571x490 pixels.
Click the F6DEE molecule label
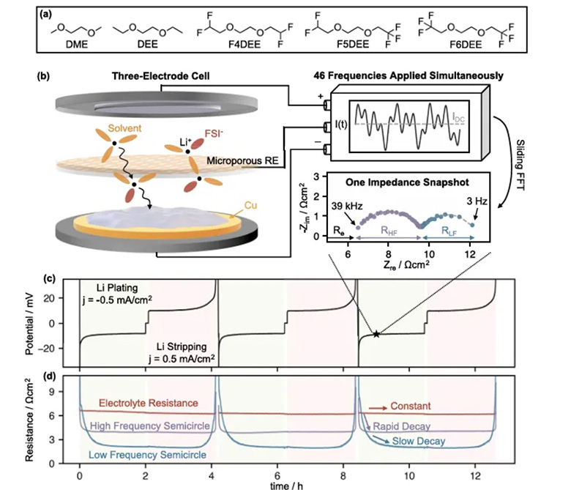(x=466, y=45)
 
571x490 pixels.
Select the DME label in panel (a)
(x=77, y=45)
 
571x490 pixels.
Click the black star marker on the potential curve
(x=376, y=334)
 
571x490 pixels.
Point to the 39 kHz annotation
(x=347, y=207)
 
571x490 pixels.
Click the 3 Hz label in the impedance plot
(x=477, y=201)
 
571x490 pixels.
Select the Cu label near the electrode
(x=250, y=206)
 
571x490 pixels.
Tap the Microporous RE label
(x=242, y=160)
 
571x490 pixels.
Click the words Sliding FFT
(x=520, y=165)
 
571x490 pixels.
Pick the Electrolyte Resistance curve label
(x=149, y=403)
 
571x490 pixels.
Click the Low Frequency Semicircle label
(x=147, y=455)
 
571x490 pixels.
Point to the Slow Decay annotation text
(x=419, y=441)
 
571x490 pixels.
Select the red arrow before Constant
(x=378, y=408)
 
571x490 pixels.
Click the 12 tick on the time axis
(x=475, y=475)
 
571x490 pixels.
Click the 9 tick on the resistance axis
(x=51, y=392)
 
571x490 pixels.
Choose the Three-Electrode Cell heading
(x=160, y=75)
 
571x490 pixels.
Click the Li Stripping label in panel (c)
(x=182, y=346)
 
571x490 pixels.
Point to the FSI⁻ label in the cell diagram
(x=214, y=134)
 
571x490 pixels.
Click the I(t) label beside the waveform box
(x=341, y=125)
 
